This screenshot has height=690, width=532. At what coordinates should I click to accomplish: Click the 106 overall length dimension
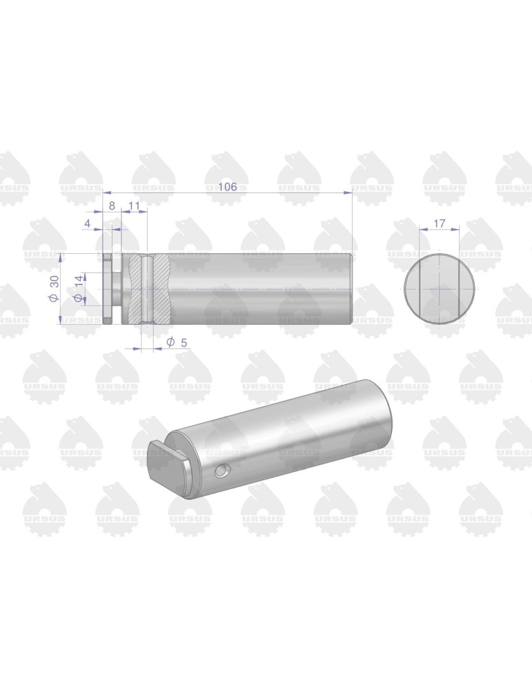click(x=228, y=186)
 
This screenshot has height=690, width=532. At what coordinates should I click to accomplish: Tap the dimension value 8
click(x=112, y=206)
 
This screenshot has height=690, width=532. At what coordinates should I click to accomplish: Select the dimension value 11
click(x=135, y=206)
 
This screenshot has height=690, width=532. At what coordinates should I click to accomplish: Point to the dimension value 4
click(x=88, y=224)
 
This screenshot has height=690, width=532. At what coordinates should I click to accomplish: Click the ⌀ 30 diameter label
click(x=54, y=288)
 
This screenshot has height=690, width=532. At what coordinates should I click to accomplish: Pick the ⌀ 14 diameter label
click(x=78, y=289)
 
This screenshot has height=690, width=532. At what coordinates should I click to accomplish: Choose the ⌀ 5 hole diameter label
click(x=177, y=342)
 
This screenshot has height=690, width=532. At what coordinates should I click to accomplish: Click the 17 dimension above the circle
click(x=439, y=224)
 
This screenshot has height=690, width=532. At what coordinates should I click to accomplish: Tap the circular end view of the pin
click(x=440, y=288)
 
